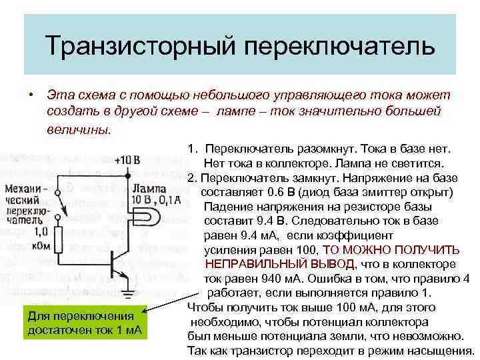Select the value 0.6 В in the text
(x=279, y=192)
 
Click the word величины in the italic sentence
(x=79, y=129)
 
